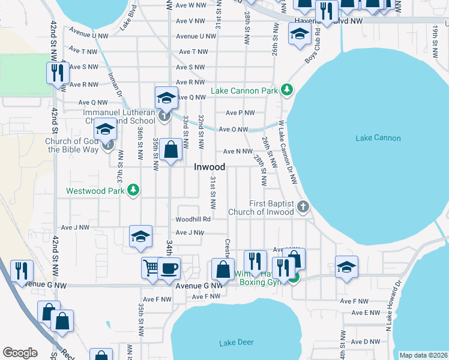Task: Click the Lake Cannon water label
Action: [378, 138]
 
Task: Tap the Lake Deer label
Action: [236, 343]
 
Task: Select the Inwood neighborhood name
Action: [209, 167]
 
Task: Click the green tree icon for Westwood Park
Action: [133, 191]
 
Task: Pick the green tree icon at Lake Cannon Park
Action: [288, 90]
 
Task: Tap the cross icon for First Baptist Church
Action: [303, 207]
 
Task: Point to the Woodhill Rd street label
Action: [193, 220]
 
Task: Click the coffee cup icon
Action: [169, 268]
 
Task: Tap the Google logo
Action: [20, 353]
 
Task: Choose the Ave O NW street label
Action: [234, 129]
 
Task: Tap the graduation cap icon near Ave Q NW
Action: [166, 97]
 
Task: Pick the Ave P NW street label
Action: [240, 113]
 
